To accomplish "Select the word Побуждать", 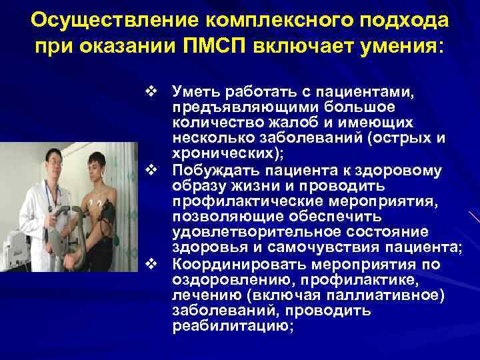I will point(212,170).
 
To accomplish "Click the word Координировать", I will point(237,263).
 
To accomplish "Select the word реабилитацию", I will point(232,326).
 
